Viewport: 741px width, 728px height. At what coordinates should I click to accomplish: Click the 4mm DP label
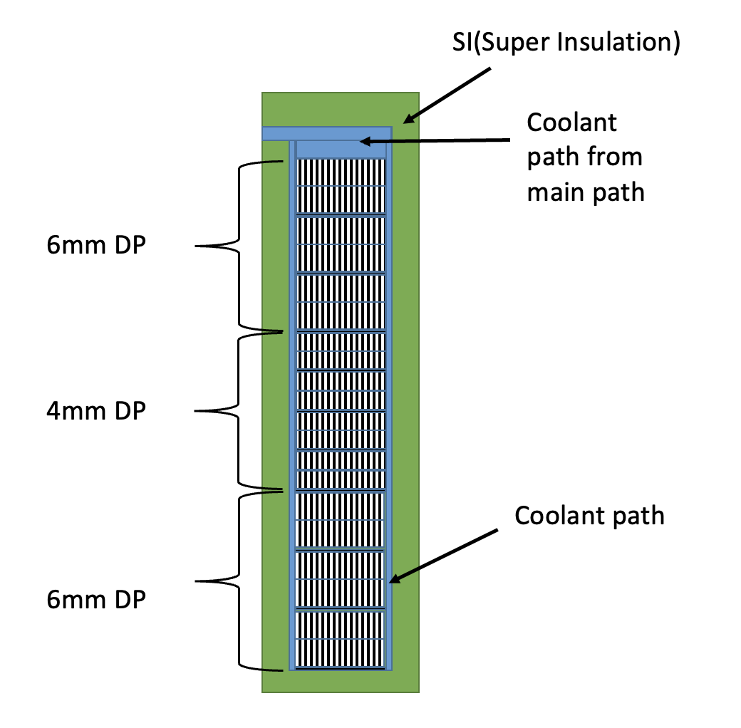[96, 411]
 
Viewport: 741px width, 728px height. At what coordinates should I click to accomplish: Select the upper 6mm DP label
[96, 246]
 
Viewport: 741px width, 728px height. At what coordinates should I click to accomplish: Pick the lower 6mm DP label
[96, 599]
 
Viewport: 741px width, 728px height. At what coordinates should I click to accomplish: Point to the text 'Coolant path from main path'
[585, 157]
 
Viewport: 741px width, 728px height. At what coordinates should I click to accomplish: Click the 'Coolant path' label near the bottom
[589, 515]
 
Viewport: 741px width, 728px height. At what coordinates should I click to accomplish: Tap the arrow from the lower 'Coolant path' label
[443, 556]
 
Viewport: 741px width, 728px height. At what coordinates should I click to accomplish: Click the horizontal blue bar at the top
[326, 133]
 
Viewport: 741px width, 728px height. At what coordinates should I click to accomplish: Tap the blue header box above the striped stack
[341, 149]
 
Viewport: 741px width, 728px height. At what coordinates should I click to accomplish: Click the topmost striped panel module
[341, 185]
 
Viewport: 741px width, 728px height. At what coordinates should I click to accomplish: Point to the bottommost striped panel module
[341, 640]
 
